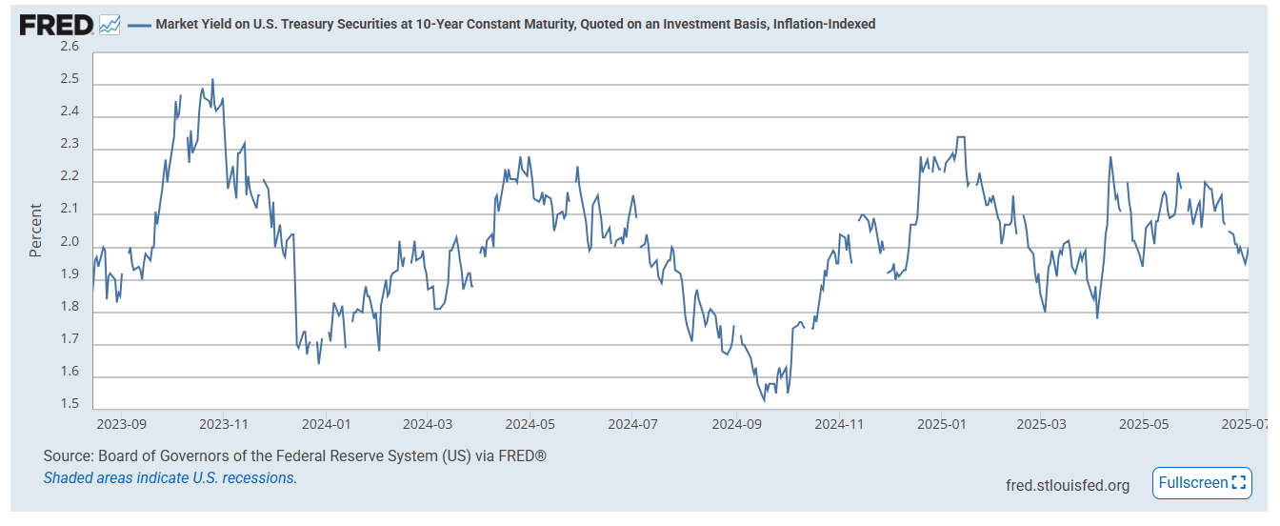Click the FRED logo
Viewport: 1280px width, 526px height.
pyautogui.click(x=56, y=25)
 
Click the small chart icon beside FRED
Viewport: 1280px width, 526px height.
pyautogui.click(x=110, y=25)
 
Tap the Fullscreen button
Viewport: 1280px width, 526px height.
pyautogui.click(x=1202, y=482)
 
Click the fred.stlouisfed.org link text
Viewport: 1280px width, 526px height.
pyautogui.click(x=1068, y=485)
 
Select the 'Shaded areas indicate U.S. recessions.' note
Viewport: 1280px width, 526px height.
pyautogui.click(x=170, y=477)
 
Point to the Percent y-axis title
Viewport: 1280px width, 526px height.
pyautogui.click(x=36, y=230)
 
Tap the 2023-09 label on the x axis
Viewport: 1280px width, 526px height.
pyautogui.click(x=122, y=422)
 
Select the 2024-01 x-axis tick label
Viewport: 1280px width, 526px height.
pyautogui.click(x=327, y=422)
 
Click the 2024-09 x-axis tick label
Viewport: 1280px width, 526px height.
pyautogui.click(x=736, y=422)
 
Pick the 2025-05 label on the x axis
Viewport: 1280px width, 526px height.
pyautogui.click(x=1144, y=422)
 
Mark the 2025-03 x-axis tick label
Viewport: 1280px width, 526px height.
pyautogui.click(x=1043, y=422)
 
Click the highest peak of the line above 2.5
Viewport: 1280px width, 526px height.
pyautogui.click(x=212, y=80)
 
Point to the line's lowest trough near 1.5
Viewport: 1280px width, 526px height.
pyautogui.click(x=764, y=400)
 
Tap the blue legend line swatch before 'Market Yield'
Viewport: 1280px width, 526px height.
pyautogui.click(x=139, y=25)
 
